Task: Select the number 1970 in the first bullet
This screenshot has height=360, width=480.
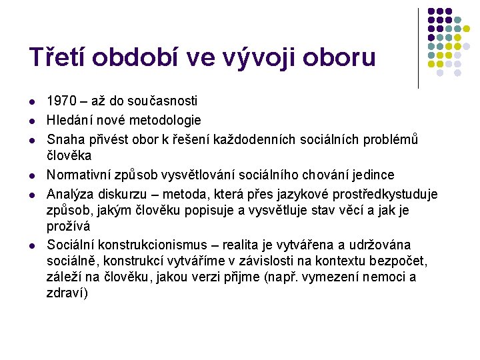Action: (61, 101)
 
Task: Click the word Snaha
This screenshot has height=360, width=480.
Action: (65, 139)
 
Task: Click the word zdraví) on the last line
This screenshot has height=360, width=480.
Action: (67, 293)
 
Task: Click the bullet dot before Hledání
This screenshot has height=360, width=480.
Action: (33, 121)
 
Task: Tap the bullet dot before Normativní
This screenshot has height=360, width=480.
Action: (33, 175)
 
